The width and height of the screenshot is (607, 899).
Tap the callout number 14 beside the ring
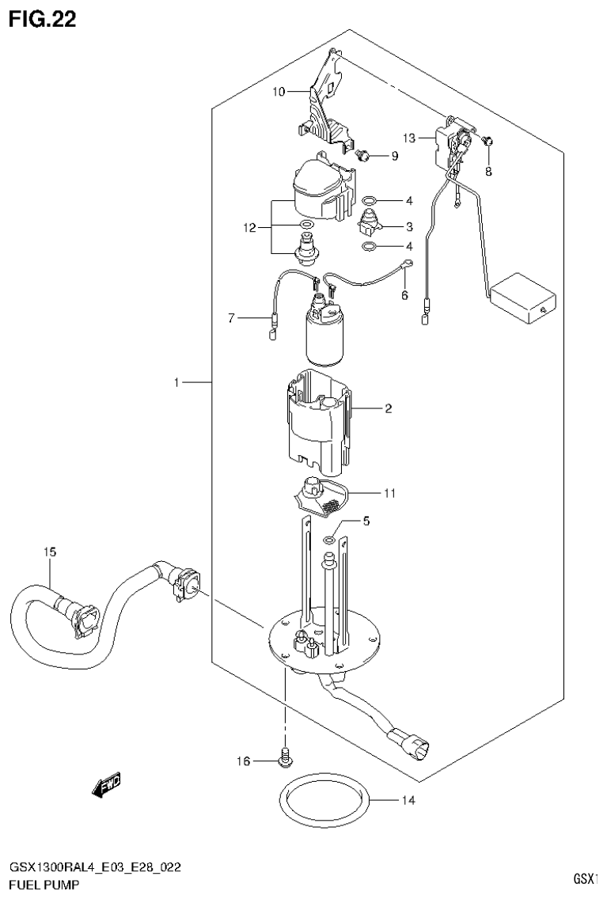click(408, 800)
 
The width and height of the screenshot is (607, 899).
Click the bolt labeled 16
click(285, 758)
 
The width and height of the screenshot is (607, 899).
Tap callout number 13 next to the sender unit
click(408, 138)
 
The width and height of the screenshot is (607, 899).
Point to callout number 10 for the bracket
click(278, 92)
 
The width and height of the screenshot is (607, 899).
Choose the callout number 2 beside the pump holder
click(389, 409)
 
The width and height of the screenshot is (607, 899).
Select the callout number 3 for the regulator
click(389, 226)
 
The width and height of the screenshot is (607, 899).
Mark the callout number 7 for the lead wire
click(232, 318)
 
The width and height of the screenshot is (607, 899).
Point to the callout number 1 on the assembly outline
click(179, 383)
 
